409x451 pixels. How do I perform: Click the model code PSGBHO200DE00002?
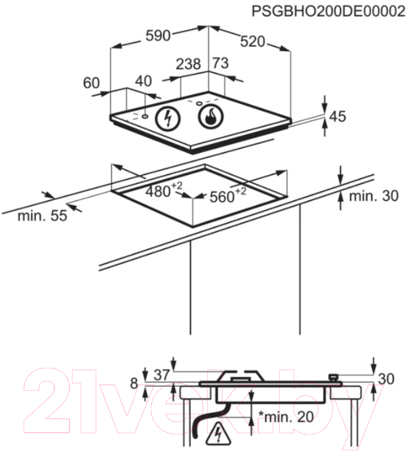point(328,12)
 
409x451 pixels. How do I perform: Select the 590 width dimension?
point(158,35)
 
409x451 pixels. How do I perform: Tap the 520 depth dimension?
point(252,41)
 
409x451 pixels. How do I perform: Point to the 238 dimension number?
point(188,64)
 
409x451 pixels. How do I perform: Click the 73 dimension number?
point(221,63)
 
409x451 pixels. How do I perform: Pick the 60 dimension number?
point(92,83)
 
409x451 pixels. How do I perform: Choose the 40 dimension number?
point(144,81)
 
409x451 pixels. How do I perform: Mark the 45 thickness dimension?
point(338,117)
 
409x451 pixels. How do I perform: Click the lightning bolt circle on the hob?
point(168,118)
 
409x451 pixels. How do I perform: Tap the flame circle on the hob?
point(211,116)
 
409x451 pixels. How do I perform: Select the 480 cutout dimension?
point(164,190)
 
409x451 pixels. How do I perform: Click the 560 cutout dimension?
point(228,195)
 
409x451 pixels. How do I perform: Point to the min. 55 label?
point(43,216)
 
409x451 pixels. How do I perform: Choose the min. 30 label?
point(374,196)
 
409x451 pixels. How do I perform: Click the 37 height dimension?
point(162,375)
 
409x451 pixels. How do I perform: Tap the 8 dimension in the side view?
point(134,383)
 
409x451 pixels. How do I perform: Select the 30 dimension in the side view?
point(386,379)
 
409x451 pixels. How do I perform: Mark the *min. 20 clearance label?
point(286,417)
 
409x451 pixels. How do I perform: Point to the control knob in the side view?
point(334,377)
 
